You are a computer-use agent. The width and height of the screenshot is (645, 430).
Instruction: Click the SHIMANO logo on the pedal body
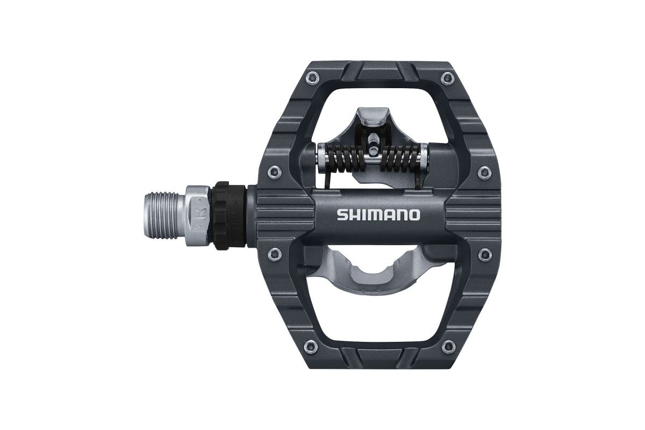click(x=378, y=215)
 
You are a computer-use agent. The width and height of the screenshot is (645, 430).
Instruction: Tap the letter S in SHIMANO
click(x=342, y=215)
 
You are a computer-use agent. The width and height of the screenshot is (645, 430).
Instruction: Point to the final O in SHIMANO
click(x=414, y=215)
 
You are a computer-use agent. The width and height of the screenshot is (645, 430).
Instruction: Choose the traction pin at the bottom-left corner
click(x=310, y=345)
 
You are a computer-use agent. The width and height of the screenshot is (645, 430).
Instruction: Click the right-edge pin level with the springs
click(x=483, y=172)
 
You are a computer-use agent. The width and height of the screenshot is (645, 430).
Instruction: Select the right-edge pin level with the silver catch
click(x=483, y=253)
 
